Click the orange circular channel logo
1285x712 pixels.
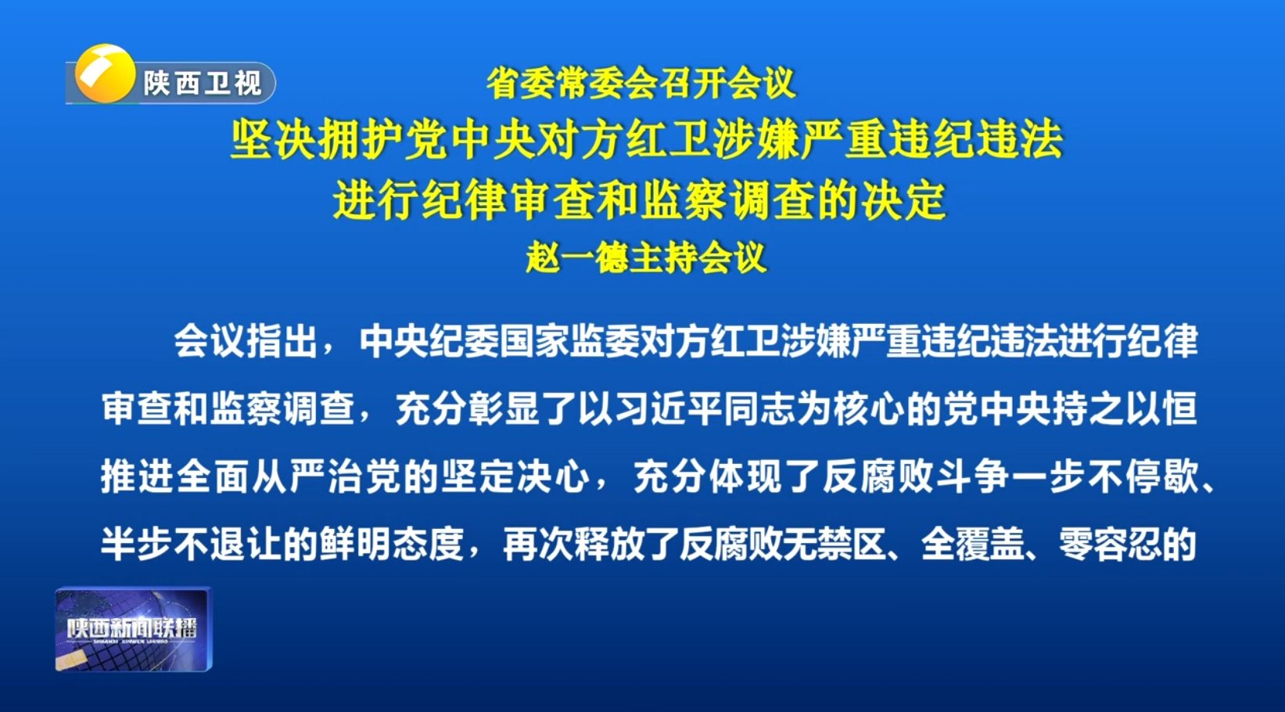point(105,74)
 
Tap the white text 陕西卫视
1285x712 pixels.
point(202,84)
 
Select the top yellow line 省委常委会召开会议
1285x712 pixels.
point(641,83)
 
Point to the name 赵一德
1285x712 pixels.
point(577,257)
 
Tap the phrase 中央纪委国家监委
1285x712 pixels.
point(499,341)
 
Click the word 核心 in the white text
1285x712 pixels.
point(868,409)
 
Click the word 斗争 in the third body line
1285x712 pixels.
point(972,476)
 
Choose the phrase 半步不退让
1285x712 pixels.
point(192,544)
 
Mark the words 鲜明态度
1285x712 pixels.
point(392,544)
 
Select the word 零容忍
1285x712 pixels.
point(1110,544)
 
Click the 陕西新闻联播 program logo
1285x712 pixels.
point(133,629)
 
